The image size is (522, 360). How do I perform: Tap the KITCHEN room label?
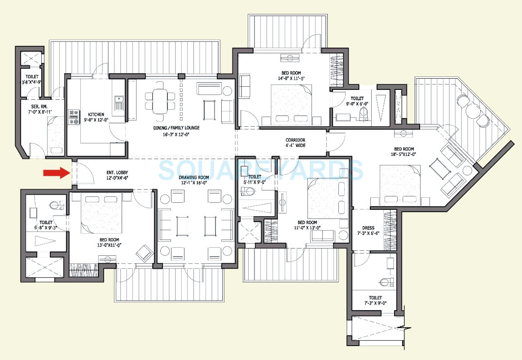pyautogui.click(x=96, y=114)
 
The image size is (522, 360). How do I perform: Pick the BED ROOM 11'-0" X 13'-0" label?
pyautogui.click(x=307, y=225)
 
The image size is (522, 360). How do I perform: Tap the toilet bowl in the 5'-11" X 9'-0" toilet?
pyautogui.click(x=246, y=192)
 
